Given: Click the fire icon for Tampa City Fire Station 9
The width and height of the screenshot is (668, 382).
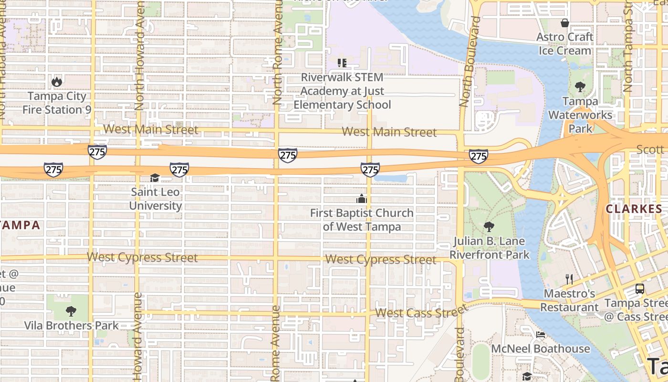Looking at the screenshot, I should (x=57, y=82).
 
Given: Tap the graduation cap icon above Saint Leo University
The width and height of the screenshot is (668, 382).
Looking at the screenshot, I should (x=155, y=178).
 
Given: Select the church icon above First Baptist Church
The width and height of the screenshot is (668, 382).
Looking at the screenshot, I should (x=362, y=199).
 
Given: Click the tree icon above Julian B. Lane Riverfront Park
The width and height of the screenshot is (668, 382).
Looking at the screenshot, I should (x=489, y=226).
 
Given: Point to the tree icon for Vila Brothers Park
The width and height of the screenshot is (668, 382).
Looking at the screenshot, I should (x=71, y=311).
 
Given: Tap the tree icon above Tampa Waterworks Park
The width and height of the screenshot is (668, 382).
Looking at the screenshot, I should (x=580, y=87).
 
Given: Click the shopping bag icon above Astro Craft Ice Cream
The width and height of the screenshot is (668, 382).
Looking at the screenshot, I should (x=565, y=23).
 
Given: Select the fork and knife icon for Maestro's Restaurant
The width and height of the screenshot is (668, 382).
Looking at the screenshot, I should (x=569, y=279).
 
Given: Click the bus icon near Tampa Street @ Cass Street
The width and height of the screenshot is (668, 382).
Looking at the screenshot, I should (x=639, y=289).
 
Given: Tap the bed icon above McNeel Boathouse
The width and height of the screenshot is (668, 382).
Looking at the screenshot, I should (x=541, y=334).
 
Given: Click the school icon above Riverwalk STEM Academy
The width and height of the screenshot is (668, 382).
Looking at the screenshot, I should (x=342, y=63).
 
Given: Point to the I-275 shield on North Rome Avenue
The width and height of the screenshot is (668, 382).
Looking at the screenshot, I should (x=288, y=155).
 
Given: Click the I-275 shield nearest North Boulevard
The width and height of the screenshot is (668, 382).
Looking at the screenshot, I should (x=478, y=156).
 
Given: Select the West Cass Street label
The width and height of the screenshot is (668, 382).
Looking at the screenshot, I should (x=420, y=312).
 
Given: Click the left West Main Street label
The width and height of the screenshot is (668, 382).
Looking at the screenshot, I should (x=150, y=129).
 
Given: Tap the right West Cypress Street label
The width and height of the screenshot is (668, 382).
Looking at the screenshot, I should (x=380, y=260).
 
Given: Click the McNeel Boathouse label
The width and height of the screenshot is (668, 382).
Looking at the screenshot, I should (x=541, y=349).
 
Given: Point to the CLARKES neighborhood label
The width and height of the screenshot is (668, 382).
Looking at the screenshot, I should (x=634, y=209).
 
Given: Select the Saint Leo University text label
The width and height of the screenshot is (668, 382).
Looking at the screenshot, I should (x=156, y=199).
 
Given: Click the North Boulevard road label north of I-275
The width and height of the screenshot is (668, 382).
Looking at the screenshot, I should (x=470, y=62).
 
